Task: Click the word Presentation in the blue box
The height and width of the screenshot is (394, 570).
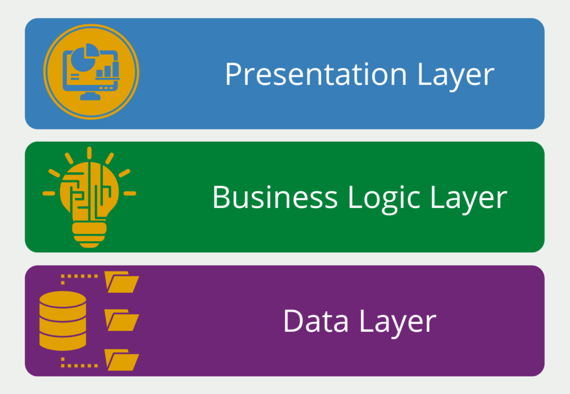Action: pos(316,74)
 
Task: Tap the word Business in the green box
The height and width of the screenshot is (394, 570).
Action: pos(275,197)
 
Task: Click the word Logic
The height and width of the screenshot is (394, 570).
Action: pos(384,199)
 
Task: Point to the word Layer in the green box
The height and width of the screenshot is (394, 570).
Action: pos(469,199)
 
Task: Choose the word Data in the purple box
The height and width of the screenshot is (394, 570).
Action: pos(316,321)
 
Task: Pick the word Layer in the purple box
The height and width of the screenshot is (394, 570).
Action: pos(398,323)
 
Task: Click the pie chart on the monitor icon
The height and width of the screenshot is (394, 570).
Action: pos(85,58)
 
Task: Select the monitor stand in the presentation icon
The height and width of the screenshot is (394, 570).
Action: pos(90,96)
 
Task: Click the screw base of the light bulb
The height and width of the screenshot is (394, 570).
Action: pos(90,235)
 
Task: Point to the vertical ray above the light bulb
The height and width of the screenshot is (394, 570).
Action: pos(90,153)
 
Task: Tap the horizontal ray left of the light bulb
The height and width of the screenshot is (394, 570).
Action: pos(49,193)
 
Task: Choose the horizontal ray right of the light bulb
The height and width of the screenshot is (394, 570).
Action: pos(130,193)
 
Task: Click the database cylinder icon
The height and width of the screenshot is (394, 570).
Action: pos(62,321)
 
